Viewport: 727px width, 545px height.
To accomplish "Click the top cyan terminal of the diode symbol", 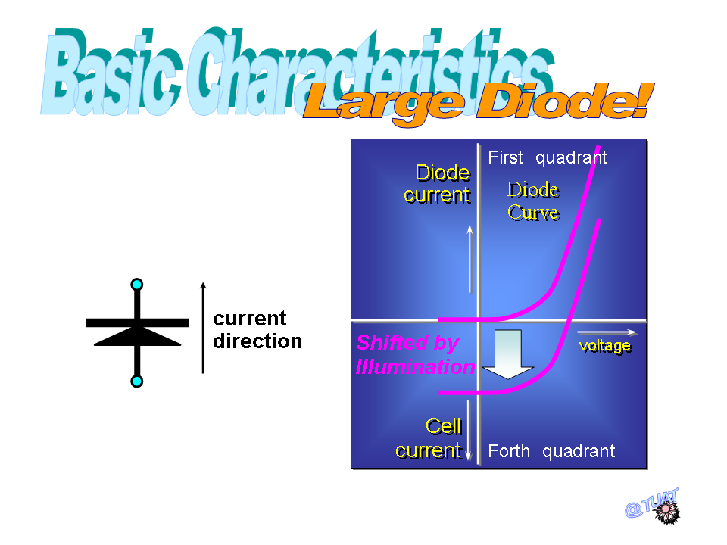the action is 137,284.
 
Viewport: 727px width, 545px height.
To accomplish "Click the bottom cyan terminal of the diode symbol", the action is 137,381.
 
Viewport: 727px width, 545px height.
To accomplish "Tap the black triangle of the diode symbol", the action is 137,336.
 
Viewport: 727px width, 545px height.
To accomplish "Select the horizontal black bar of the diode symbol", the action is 137,322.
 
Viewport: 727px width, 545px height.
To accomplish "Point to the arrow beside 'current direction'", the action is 203,328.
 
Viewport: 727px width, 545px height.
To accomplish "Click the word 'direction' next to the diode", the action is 257,341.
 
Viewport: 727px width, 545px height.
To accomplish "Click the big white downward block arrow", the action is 508,354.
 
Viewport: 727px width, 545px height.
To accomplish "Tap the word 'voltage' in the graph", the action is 605,346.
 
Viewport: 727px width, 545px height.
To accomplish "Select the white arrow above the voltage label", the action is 607,332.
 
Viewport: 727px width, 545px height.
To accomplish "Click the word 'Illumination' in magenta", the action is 416,366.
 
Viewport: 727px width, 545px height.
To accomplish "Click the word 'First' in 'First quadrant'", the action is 505,157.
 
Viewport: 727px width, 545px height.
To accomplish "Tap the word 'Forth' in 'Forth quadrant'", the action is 509,451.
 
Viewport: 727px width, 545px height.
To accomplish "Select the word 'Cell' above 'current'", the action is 444,426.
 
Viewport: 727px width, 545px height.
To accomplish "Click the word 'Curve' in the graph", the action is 533,213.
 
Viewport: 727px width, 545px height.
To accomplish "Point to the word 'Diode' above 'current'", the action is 443,173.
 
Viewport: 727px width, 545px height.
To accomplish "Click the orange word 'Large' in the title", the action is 384,103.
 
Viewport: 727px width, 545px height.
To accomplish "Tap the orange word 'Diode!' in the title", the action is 566,101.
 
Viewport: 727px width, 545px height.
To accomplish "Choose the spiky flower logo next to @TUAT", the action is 666,511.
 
